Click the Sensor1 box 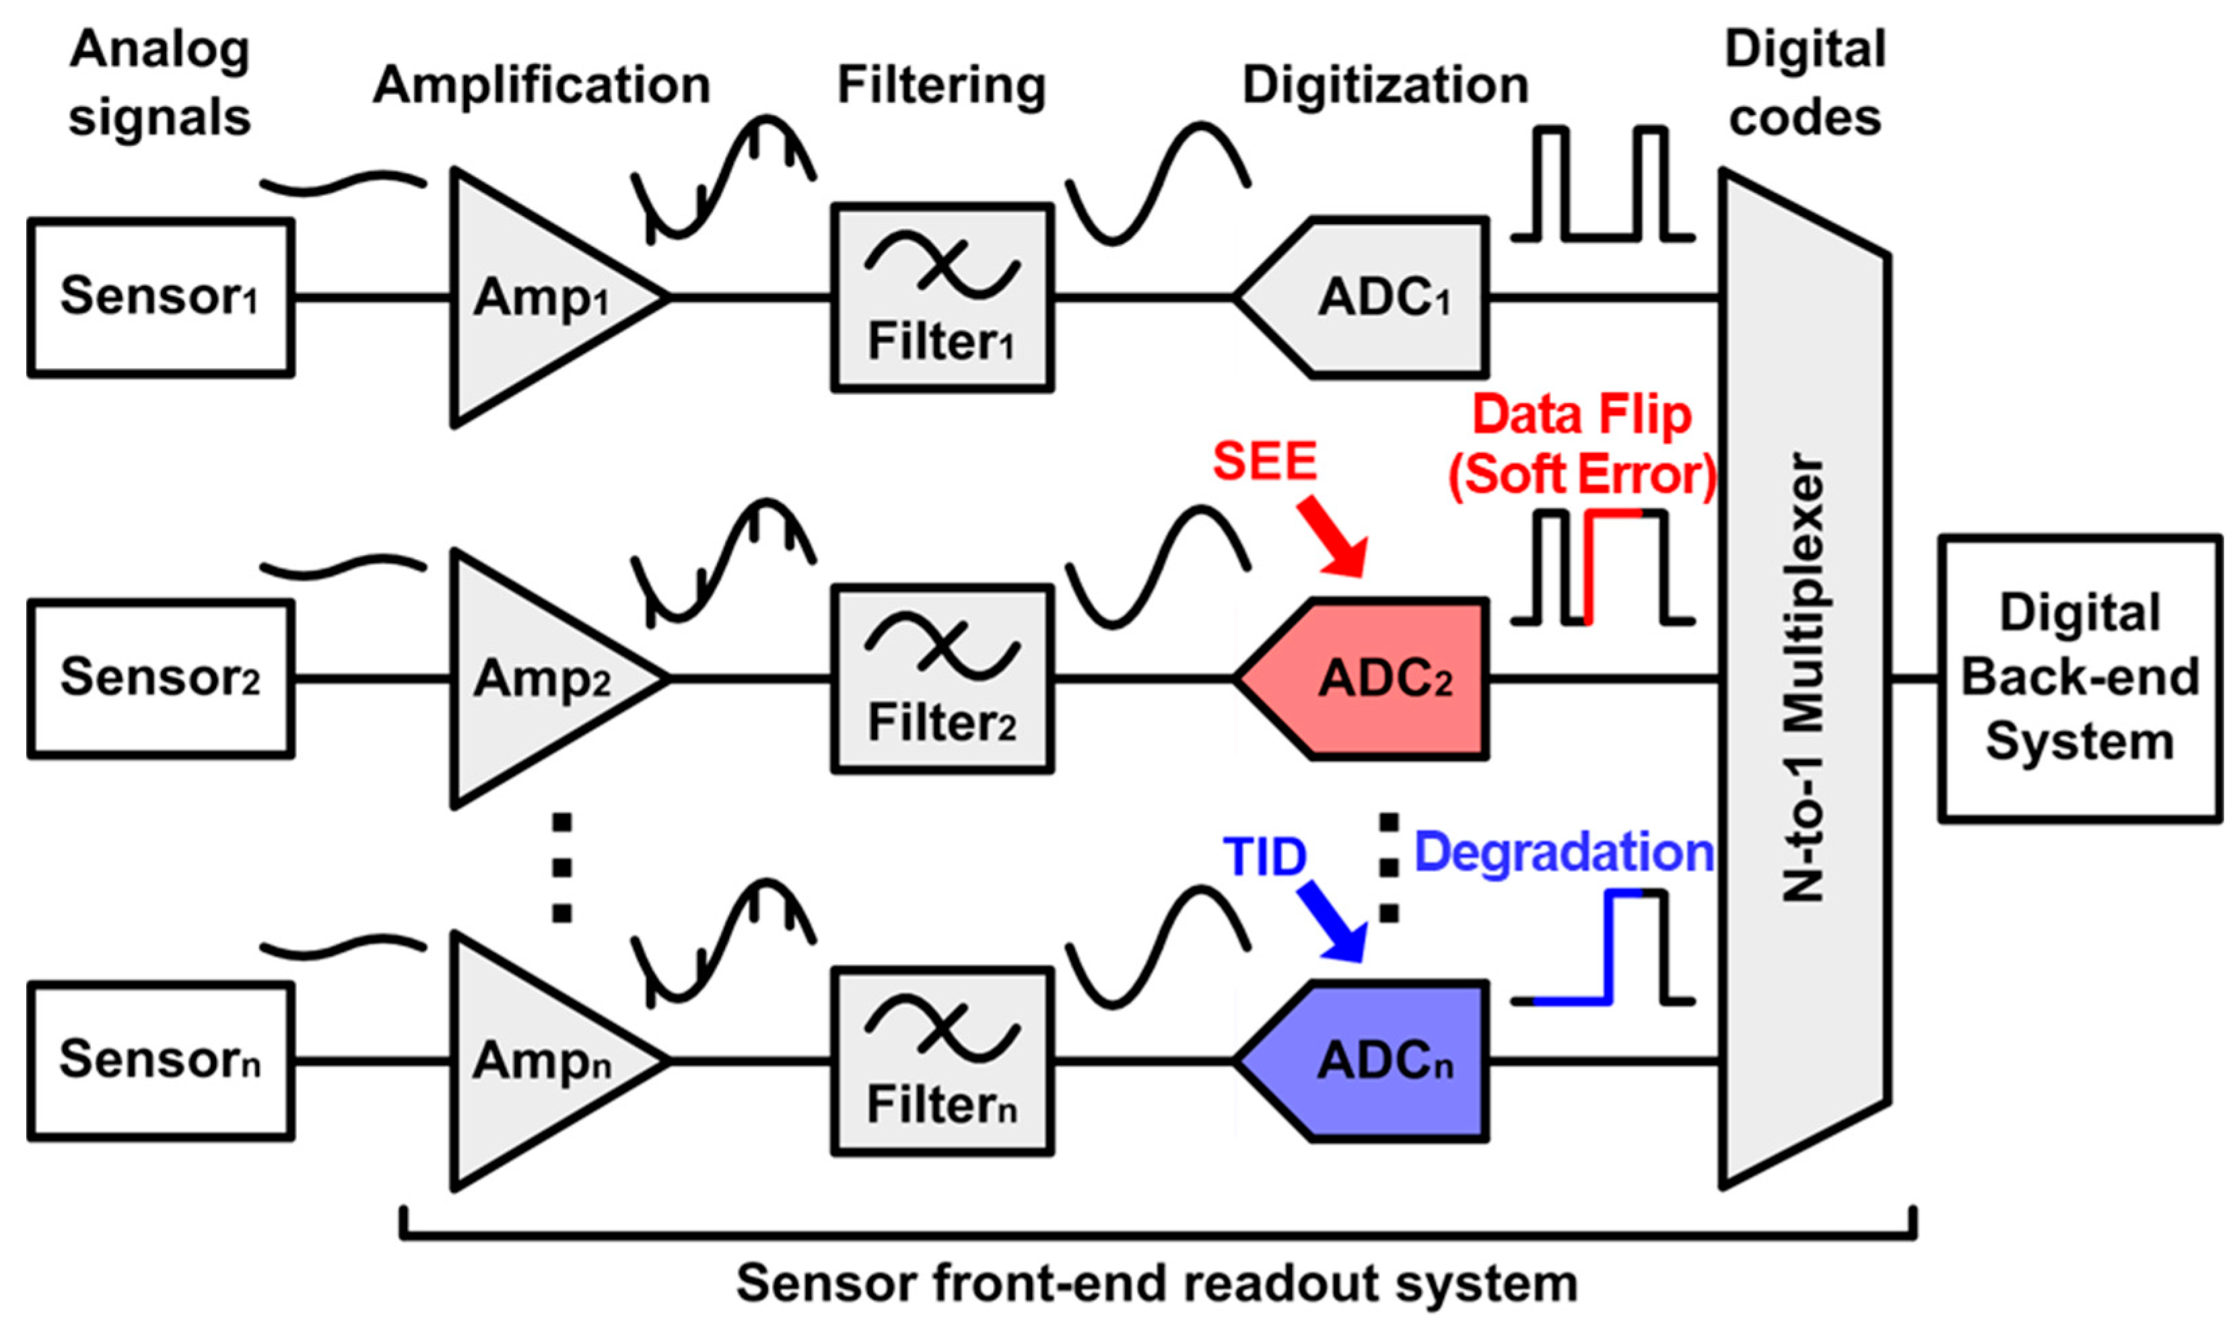coord(161,297)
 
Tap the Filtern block coord(942,1061)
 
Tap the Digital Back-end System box coord(2080,678)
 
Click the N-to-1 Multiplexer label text coord(1803,678)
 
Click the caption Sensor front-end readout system coord(1157,1283)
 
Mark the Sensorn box coord(161,1061)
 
